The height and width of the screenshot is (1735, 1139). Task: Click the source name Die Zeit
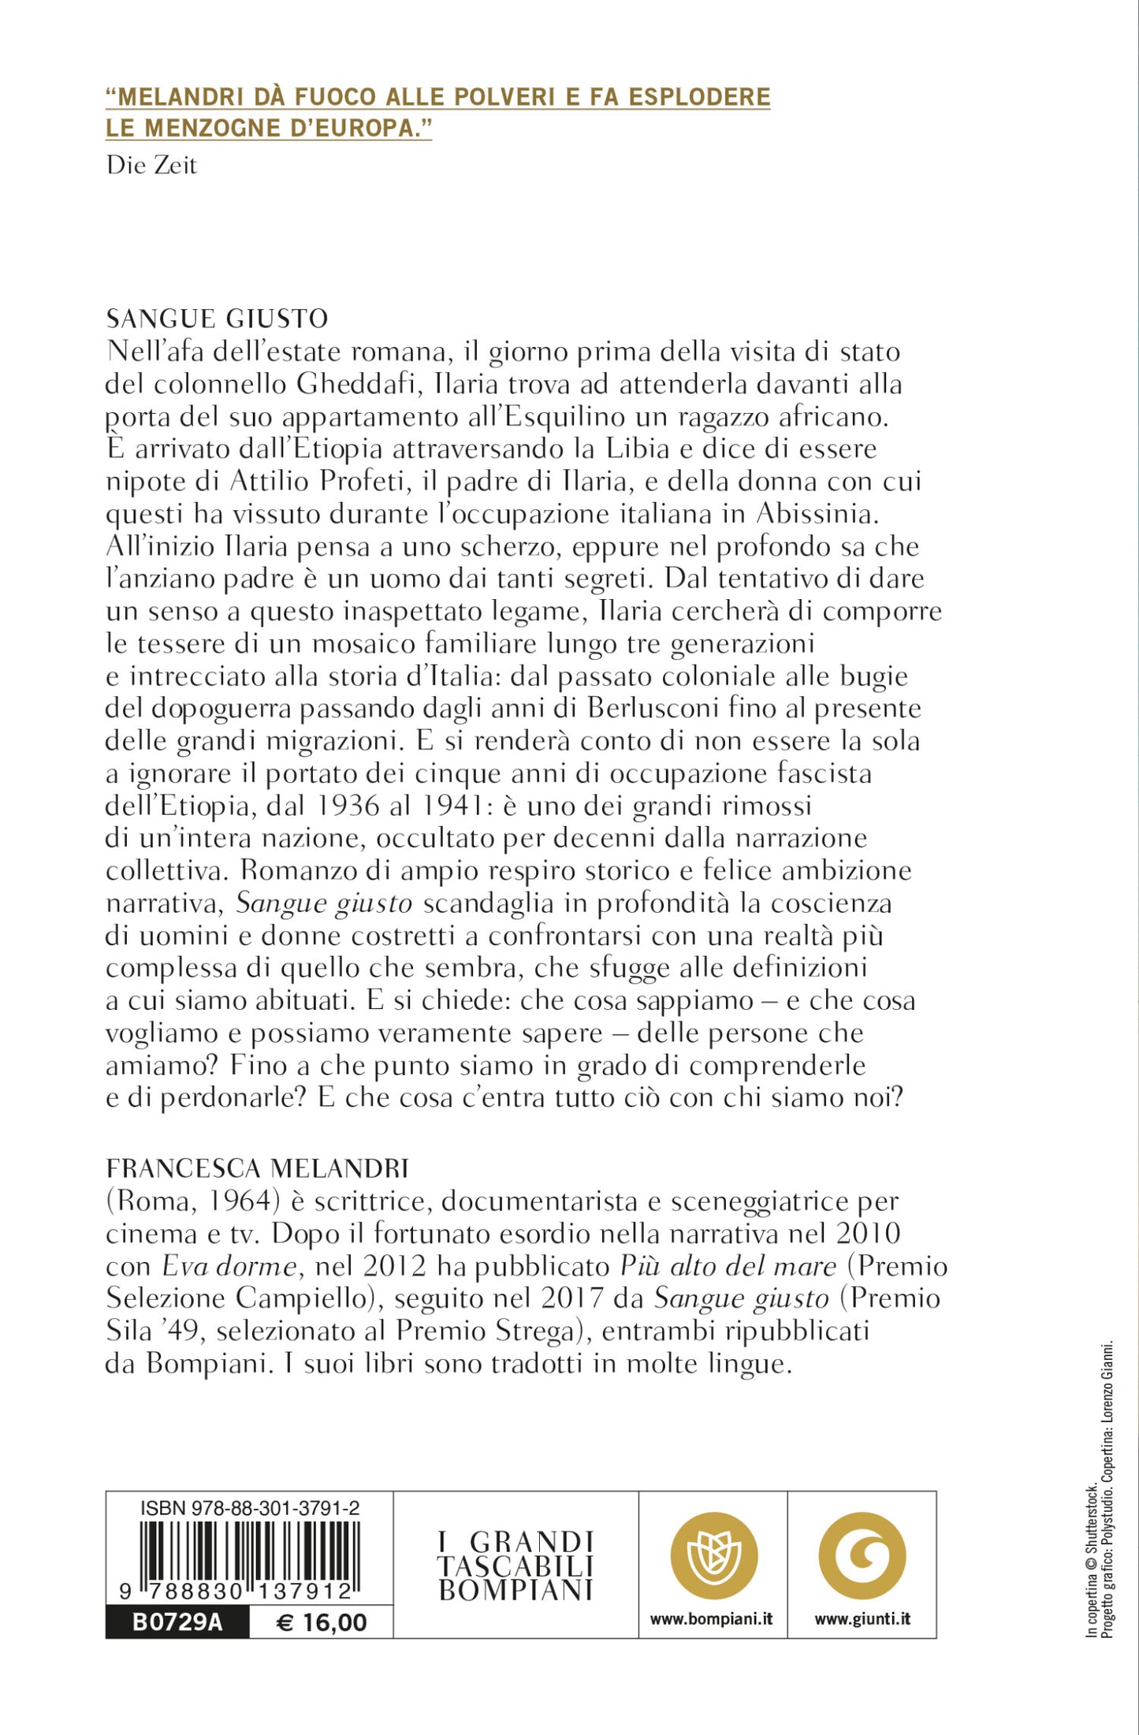(x=151, y=165)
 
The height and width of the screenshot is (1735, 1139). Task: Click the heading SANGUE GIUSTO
(x=217, y=318)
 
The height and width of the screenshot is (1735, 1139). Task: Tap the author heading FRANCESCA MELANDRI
(x=257, y=1167)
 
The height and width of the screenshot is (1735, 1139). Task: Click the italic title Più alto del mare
(x=728, y=1266)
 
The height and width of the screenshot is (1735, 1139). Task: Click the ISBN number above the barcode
(x=250, y=1509)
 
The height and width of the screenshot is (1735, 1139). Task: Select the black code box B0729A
(x=177, y=1622)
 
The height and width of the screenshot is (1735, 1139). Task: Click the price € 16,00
(x=322, y=1622)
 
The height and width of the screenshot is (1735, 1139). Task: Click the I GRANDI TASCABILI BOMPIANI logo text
(x=516, y=1566)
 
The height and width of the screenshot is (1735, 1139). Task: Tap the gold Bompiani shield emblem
(x=713, y=1556)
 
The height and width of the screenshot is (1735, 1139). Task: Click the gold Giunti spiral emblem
(x=862, y=1556)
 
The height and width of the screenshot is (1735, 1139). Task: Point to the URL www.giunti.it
(x=862, y=1619)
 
